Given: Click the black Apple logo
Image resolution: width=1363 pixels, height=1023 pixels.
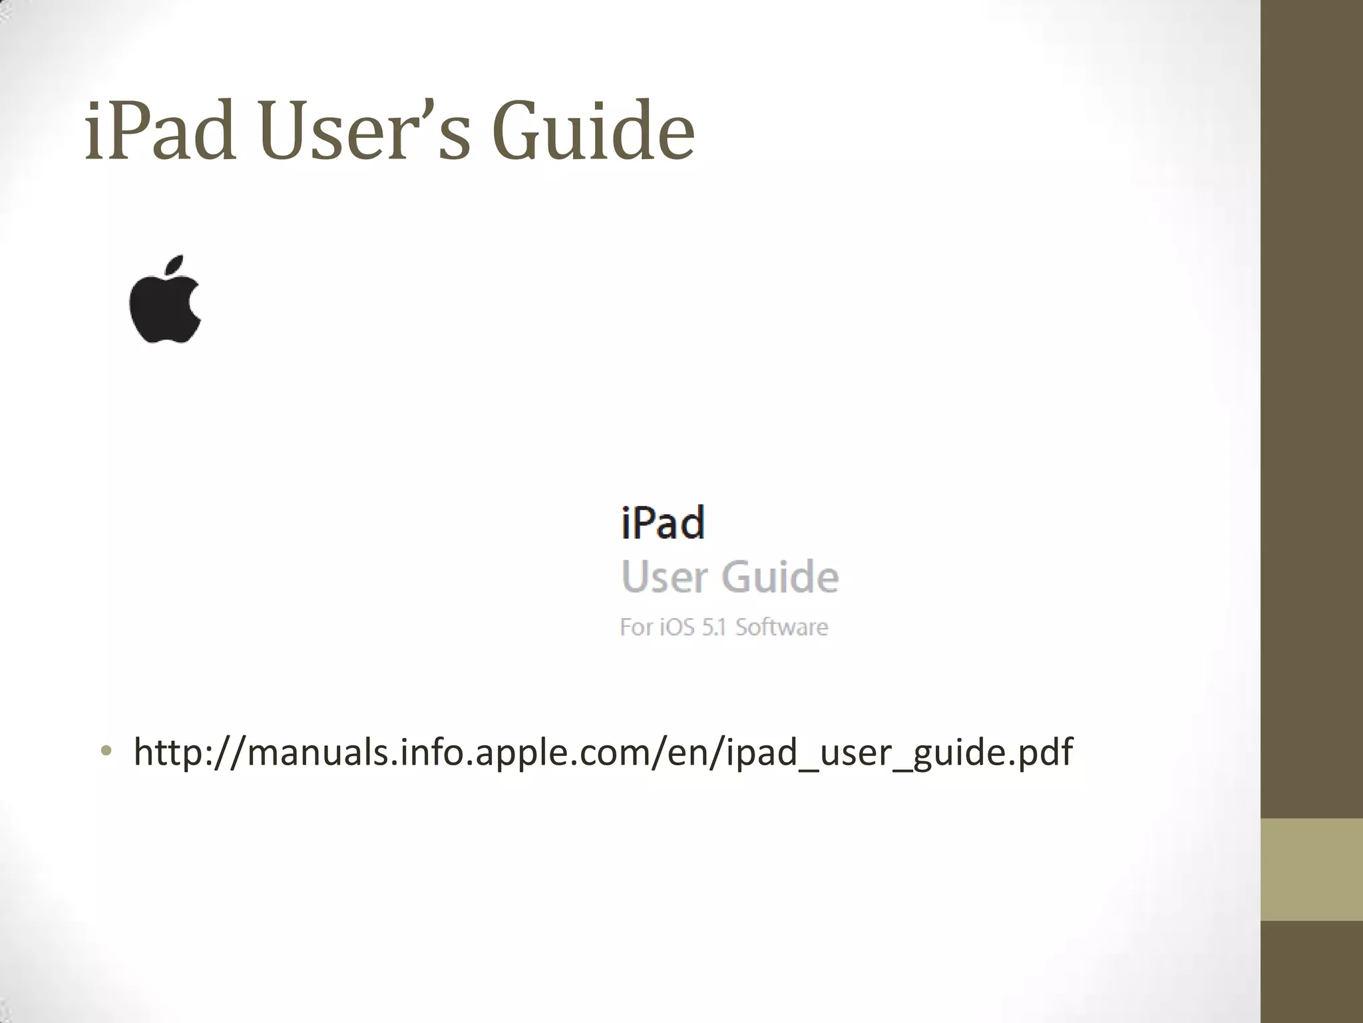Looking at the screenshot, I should pyautogui.click(x=164, y=308).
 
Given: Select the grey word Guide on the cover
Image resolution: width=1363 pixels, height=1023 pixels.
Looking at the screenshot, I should pyautogui.click(x=780, y=577).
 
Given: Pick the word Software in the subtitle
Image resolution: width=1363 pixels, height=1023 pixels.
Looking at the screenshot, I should pyautogui.click(x=781, y=627).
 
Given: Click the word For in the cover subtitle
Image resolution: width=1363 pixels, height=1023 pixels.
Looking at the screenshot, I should pyautogui.click(x=636, y=627).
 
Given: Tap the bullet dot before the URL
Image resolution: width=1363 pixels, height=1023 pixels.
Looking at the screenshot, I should pyautogui.click(x=105, y=752).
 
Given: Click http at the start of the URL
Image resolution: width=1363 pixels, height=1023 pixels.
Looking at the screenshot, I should pyautogui.click(x=170, y=752).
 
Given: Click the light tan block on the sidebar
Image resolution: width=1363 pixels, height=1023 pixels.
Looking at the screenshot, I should pyautogui.click(x=1312, y=869).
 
